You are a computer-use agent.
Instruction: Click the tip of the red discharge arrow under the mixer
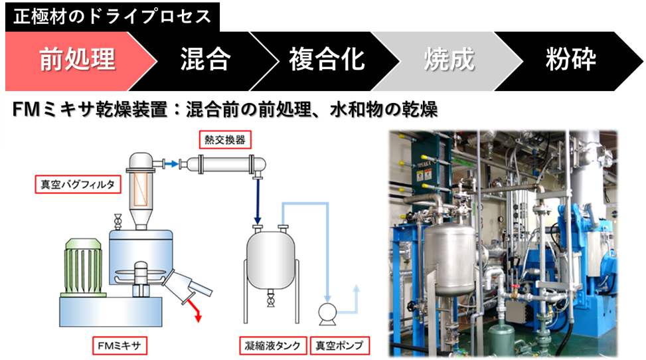199,321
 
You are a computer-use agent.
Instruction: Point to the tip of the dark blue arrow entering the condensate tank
258,224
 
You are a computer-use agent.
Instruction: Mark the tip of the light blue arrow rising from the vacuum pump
357,286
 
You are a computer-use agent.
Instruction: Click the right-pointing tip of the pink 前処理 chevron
157,61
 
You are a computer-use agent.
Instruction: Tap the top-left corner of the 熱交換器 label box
199,131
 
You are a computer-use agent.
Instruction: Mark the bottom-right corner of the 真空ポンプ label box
370,354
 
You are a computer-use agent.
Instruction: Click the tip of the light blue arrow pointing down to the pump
327,302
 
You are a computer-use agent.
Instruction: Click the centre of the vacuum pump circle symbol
327,313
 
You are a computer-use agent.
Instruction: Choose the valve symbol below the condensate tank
271,298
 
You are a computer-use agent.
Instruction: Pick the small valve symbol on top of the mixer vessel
118,222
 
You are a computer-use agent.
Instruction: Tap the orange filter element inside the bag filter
141,189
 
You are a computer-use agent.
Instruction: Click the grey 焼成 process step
448,61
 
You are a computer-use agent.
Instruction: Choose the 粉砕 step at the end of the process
570,61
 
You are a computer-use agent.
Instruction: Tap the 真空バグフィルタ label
78,185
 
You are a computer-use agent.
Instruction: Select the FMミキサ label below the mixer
120,345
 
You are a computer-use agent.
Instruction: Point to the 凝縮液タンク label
273,345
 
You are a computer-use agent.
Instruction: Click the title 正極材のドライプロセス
112,17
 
